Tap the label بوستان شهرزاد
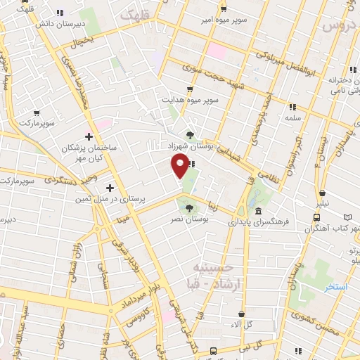(189, 146)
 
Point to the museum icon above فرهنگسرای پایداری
(259, 211)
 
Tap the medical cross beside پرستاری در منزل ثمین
(109, 188)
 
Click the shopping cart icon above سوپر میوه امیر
(224, 9)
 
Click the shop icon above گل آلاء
(242, 314)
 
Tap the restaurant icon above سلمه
(292, 107)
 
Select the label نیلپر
(321, 205)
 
